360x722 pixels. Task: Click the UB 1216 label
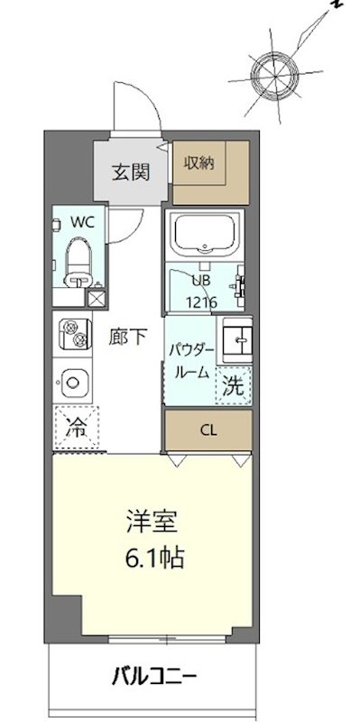point(201,293)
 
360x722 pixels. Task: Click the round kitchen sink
point(74,384)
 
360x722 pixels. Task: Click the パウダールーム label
point(190,360)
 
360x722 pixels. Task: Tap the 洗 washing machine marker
point(234,385)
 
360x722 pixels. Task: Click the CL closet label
point(208,430)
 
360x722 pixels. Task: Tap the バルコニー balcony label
point(155,676)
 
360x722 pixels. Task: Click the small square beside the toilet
point(97,293)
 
